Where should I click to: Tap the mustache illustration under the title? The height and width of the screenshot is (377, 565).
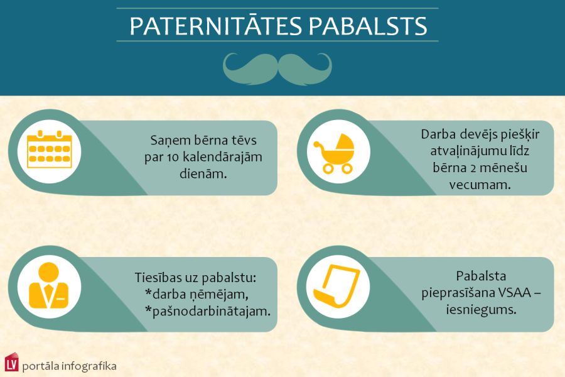click(x=277, y=68)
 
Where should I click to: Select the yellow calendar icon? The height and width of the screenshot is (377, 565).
click(x=50, y=150)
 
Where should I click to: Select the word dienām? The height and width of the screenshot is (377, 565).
click(x=203, y=173)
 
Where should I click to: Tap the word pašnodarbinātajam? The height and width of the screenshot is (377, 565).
click(x=212, y=310)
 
